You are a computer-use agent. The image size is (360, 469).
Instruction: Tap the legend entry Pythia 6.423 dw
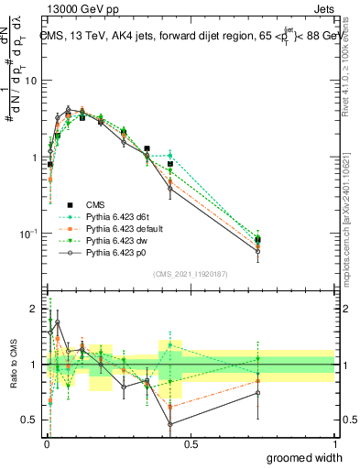[116, 239]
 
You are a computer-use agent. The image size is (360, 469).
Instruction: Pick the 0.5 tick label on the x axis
[191, 442]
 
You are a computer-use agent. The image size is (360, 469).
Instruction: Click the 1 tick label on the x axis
[335, 442]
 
